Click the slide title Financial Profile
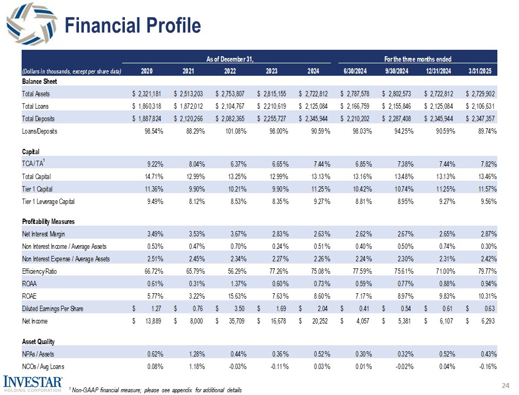pos(132,25)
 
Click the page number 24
pos(505,385)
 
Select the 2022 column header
pos(230,71)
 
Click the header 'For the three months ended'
pos(417,58)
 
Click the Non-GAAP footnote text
pos(156,390)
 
